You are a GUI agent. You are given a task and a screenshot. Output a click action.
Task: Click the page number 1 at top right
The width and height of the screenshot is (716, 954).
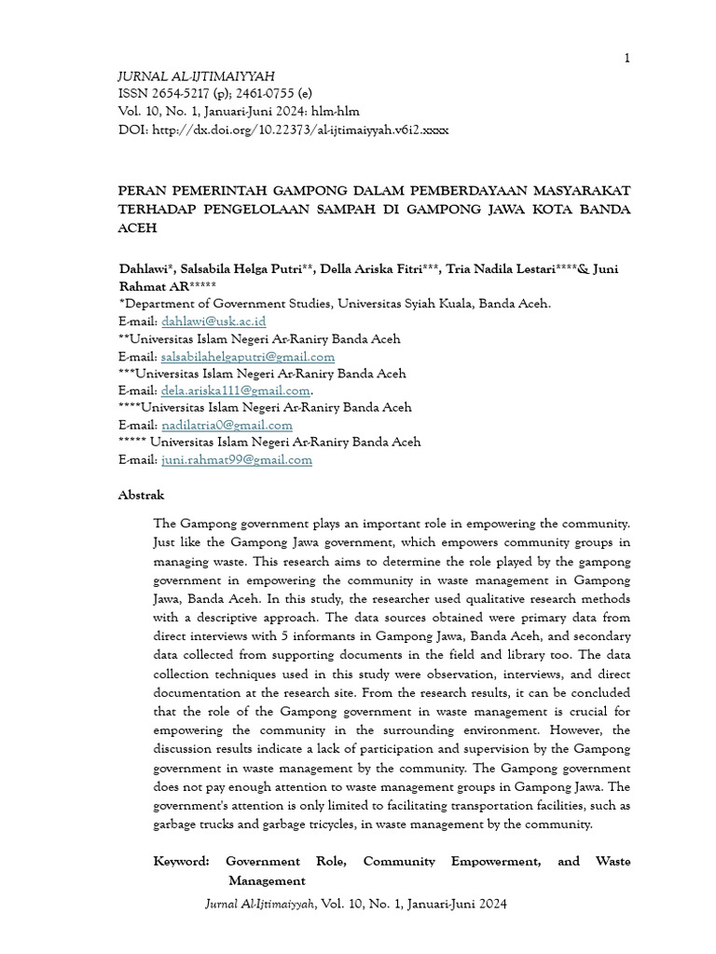(627, 59)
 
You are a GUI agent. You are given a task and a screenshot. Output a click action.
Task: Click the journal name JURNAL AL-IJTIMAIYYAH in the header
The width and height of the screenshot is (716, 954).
(196, 76)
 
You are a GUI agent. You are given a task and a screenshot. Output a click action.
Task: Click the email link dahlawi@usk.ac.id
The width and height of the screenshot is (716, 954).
(213, 321)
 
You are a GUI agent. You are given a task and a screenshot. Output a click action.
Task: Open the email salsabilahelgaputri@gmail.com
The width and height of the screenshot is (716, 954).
(248, 357)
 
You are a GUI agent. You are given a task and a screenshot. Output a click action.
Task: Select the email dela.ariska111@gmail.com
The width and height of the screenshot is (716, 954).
(235, 391)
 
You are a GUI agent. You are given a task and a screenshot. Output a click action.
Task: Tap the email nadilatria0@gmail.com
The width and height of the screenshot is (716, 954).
(227, 426)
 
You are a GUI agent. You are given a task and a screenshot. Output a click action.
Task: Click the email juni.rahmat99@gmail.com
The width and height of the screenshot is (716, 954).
(237, 460)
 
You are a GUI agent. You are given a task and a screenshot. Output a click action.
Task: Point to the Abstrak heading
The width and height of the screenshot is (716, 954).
(141, 496)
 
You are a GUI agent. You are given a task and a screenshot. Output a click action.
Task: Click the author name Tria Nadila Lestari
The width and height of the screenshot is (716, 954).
(501, 269)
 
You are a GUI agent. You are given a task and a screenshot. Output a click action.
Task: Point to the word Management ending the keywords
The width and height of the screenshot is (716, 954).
(267, 880)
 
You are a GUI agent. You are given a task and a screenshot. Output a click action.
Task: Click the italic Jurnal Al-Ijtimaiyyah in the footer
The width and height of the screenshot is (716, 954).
(260, 905)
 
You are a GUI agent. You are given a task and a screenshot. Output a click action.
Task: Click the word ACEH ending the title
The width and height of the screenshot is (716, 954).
(137, 227)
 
